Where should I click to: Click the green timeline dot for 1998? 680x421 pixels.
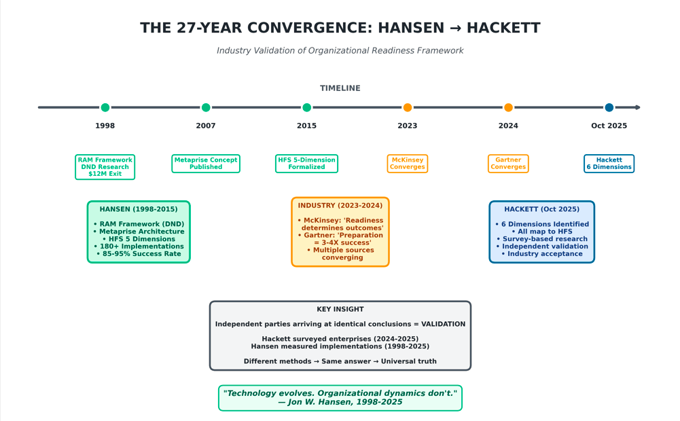[105, 107]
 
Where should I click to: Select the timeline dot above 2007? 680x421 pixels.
[206, 107]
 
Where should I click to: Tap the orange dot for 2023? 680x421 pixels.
[407, 107]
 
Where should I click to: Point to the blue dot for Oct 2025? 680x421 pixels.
[609, 107]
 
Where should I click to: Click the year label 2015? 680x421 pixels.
[306, 126]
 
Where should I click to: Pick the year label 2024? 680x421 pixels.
[508, 126]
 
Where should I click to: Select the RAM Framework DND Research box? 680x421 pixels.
[105, 167]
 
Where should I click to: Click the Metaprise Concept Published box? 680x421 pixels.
[206, 164]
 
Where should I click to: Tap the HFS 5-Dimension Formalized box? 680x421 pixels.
[306, 164]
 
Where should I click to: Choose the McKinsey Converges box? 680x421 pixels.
[407, 164]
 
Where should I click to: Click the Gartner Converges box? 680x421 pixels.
[508, 164]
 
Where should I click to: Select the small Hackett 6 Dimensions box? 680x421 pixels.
[609, 164]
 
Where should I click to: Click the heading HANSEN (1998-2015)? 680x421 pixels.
[139, 209]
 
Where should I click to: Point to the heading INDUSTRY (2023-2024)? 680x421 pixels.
[340, 206]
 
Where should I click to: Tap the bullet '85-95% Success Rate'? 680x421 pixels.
[139, 254]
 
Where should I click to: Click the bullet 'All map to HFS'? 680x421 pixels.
[542, 232]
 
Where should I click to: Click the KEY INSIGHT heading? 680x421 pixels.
[340, 309]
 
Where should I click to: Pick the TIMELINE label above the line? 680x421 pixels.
[340, 88]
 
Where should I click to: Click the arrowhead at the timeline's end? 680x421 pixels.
[637, 107]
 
